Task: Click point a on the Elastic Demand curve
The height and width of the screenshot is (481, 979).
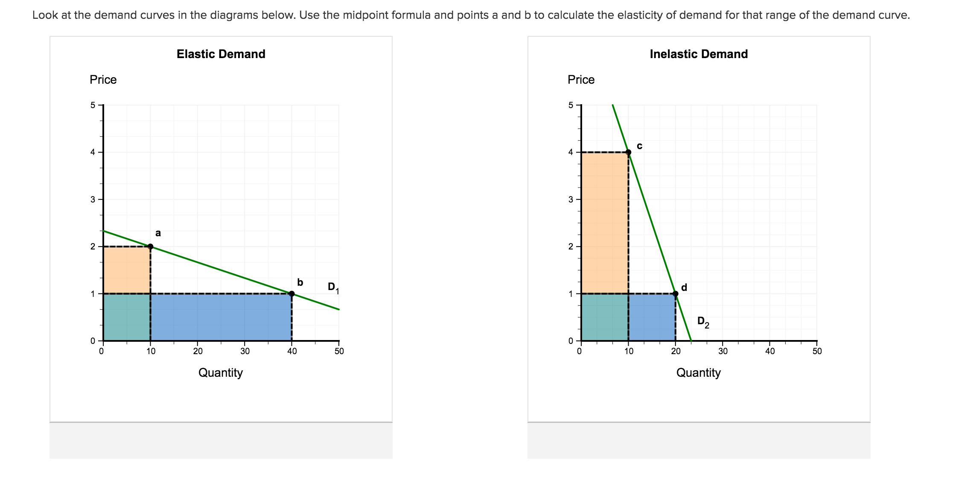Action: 150,246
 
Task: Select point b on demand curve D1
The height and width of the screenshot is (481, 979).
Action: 291,293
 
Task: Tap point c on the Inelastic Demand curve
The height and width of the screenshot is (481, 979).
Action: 628,152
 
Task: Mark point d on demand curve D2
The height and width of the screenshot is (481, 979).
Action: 675,293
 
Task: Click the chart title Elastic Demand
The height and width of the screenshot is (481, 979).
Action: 221,54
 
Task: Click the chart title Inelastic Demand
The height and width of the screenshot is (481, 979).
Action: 699,54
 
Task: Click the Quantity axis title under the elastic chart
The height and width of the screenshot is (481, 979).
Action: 220,372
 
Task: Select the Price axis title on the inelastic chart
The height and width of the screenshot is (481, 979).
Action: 581,80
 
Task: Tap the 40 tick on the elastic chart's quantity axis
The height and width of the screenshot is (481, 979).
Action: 291,351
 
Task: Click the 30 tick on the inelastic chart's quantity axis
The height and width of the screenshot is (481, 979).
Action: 723,351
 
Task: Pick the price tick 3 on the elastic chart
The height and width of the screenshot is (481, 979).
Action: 93,199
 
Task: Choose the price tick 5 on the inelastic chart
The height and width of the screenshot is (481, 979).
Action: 571,105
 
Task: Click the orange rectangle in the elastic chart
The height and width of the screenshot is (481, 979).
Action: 127,270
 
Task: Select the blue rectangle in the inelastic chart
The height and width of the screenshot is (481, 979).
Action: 652,317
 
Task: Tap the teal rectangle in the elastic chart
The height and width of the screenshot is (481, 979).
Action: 127,317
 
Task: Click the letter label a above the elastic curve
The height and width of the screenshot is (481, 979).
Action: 158,233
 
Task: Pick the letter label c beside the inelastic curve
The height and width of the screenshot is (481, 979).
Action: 639,146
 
